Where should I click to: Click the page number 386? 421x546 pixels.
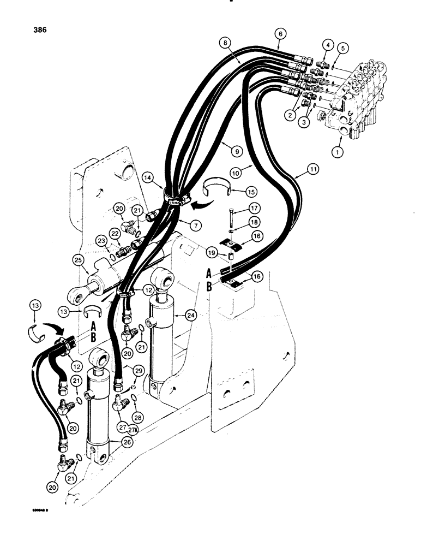click(x=39, y=30)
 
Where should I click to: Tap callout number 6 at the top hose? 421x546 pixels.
click(x=280, y=34)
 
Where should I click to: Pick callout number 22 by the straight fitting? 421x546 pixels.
click(x=115, y=234)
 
